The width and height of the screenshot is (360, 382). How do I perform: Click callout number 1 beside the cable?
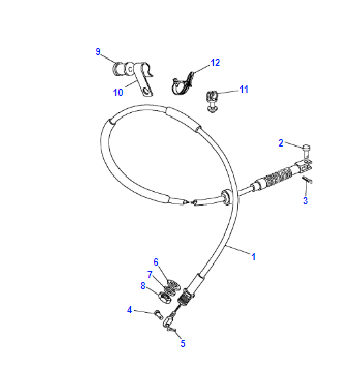click(254, 257)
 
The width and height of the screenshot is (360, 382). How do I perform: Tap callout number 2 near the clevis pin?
click(281, 143)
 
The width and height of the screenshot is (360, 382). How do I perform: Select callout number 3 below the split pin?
click(305, 201)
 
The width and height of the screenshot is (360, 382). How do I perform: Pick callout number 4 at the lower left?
click(129, 310)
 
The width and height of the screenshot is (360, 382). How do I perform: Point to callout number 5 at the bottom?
click(183, 343)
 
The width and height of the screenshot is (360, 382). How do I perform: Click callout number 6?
click(156, 262)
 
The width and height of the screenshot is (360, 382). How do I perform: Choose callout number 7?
click(150, 275)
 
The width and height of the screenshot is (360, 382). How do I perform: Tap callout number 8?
click(143, 286)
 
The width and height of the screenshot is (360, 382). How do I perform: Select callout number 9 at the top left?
click(98, 52)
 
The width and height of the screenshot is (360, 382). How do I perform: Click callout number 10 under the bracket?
click(118, 92)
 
